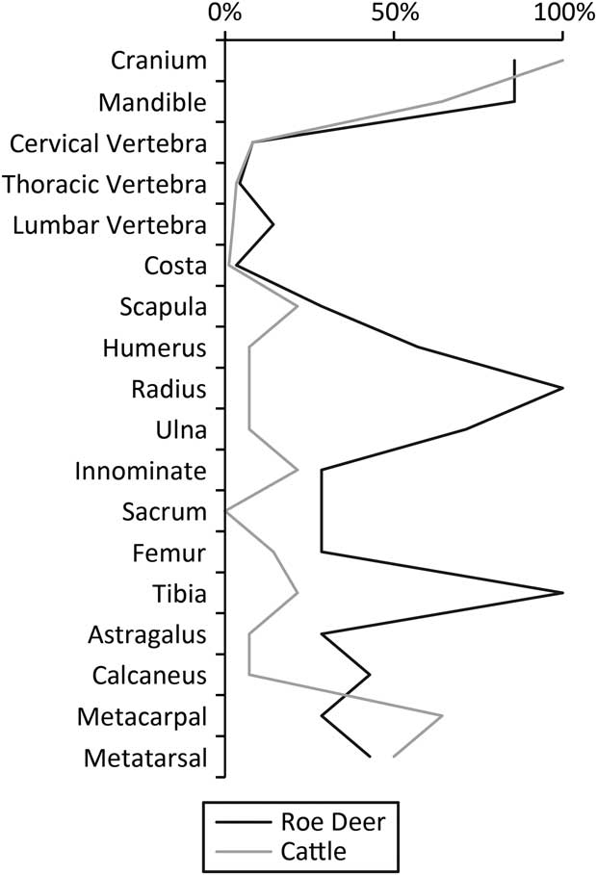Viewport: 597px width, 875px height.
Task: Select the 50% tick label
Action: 394,14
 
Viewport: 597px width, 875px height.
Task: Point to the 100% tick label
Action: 563,14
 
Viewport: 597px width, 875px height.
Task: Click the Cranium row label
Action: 159,61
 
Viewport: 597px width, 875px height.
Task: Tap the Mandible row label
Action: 153,102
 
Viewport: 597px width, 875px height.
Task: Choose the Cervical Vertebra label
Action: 108,143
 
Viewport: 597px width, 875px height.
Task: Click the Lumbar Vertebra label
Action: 110,225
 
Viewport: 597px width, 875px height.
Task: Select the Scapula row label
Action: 163,308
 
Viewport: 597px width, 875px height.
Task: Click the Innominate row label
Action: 141,472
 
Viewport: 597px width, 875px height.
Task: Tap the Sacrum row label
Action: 166,512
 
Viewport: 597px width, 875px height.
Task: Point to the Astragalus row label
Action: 147,635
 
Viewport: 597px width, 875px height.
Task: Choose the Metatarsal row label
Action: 145,759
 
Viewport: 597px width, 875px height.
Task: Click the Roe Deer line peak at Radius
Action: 562,389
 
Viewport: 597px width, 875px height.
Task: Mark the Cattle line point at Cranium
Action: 562,61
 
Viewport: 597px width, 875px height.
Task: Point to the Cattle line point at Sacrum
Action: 225,511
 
